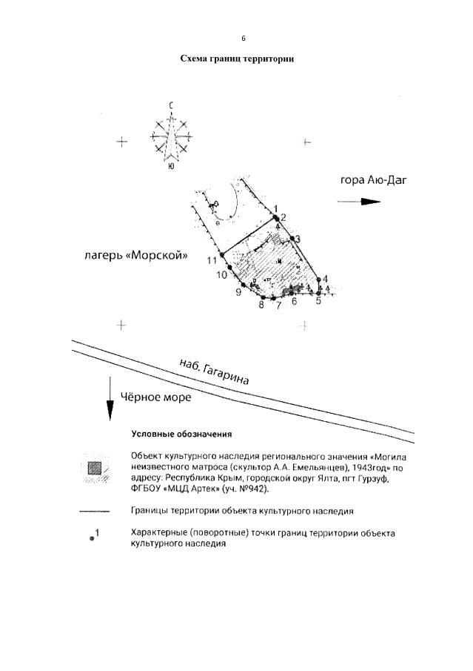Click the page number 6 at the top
tap(243, 39)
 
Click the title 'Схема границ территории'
tap(237, 59)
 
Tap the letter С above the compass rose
tap(171, 106)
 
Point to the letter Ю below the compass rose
tap(171, 168)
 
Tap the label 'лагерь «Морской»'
tap(135, 257)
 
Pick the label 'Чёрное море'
tap(155, 397)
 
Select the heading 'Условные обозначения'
tap(181, 434)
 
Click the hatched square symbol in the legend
tap(95, 469)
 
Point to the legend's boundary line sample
tap(95, 511)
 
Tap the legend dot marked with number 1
tap(92, 539)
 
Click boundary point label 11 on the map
tap(212, 260)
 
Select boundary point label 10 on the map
tap(221, 275)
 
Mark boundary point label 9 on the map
tap(238, 292)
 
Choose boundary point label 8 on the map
tap(261, 304)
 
